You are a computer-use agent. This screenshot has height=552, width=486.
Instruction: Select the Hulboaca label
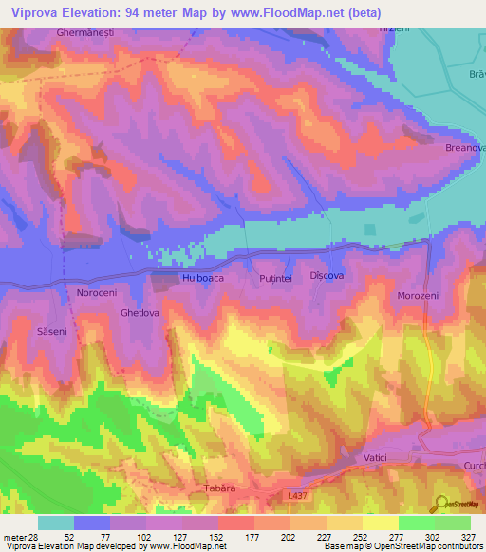(x=199, y=278)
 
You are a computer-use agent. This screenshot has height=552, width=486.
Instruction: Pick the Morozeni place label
(x=418, y=296)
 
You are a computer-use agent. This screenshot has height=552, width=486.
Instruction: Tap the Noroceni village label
(x=85, y=294)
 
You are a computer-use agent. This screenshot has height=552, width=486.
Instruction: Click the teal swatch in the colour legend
(x=56, y=523)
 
